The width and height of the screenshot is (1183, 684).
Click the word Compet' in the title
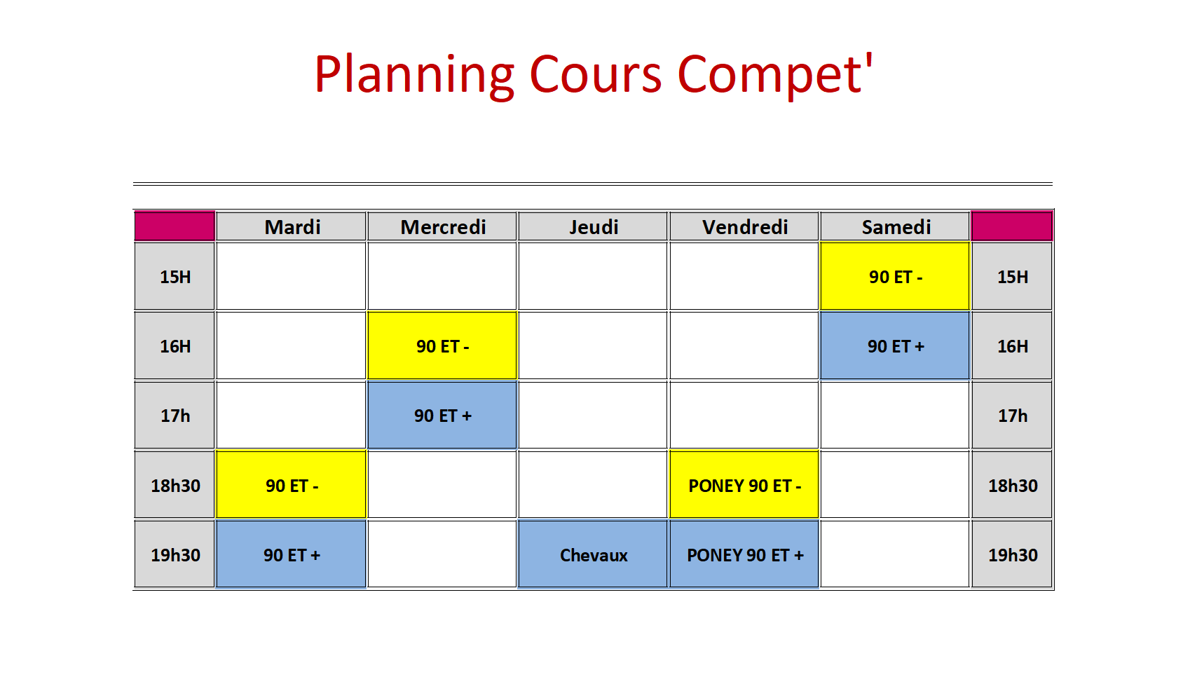pyautogui.click(x=775, y=74)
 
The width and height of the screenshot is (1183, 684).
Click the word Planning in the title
pyautogui.click(x=415, y=75)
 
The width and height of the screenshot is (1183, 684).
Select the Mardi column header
pyautogui.click(x=291, y=226)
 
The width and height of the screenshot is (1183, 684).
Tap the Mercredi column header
pyautogui.click(x=442, y=226)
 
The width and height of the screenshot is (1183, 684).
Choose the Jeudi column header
pyautogui.click(x=593, y=226)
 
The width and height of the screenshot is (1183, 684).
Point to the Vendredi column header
pyautogui.click(x=744, y=226)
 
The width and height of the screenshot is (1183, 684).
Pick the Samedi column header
pyautogui.click(x=895, y=226)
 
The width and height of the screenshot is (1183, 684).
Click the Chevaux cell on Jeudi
pyautogui.click(x=593, y=554)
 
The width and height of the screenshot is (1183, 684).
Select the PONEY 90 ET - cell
pyautogui.click(x=744, y=484)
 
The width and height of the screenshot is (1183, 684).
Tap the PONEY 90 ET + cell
pyautogui.click(x=744, y=554)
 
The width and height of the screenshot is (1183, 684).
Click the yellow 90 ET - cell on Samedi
pyautogui.click(x=895, y=275)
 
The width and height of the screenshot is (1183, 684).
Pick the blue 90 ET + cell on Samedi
pyautogui.click(x=895, y=346)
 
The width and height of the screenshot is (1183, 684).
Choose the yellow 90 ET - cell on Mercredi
pyautogui.click(x=442, y=346)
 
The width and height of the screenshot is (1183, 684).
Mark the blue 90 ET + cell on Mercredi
pyautogui.click(x=442, y=415)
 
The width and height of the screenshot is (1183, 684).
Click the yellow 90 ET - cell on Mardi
pyautogui.click(x=291, y=484)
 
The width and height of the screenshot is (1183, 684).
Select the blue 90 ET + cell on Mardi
pyautogui.click(x=291, y=554)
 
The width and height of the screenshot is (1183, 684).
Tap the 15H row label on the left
pyautogui.click(x=175, y=275)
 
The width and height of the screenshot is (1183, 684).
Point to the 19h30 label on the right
pyautogui.click(x=1013, y=554)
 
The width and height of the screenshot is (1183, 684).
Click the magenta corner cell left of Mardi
pyautogui.click(x=175, y=226)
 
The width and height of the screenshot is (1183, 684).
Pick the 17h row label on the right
pyautogui.click(x=1013, y=415)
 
